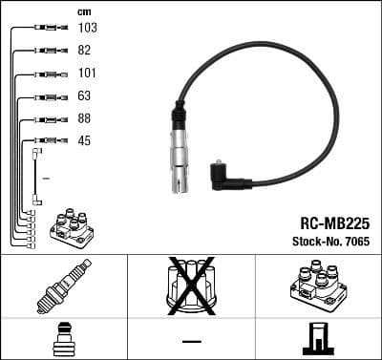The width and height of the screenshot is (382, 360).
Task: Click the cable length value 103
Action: pyautogui.click(x=87, y=28)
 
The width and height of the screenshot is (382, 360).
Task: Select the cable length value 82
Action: pyautogui.click(x=85, y=50)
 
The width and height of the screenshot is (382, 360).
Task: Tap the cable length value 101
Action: pyautogui.click(x=87, y=73)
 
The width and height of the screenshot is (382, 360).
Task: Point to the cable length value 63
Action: pyautogui.click(x=85, y=95)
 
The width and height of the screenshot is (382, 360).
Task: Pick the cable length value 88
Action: pyautogui.click(x=85, y=118)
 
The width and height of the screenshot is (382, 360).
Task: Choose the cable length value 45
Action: pyautogui.click(x=85, y=141)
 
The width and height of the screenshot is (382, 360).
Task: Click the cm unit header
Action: pyautogui.click(x=82, y=11)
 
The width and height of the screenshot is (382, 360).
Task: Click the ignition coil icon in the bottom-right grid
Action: pyautogui.click(x=317, y=284)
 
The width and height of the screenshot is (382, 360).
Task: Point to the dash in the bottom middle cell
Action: pyautogui.click(x=191, y=340)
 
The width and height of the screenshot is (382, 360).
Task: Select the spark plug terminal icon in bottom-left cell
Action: pyautogui.click(x=63, y=339)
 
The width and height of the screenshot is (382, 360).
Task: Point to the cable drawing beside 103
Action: pyautogui.click(x=45, y=28)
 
